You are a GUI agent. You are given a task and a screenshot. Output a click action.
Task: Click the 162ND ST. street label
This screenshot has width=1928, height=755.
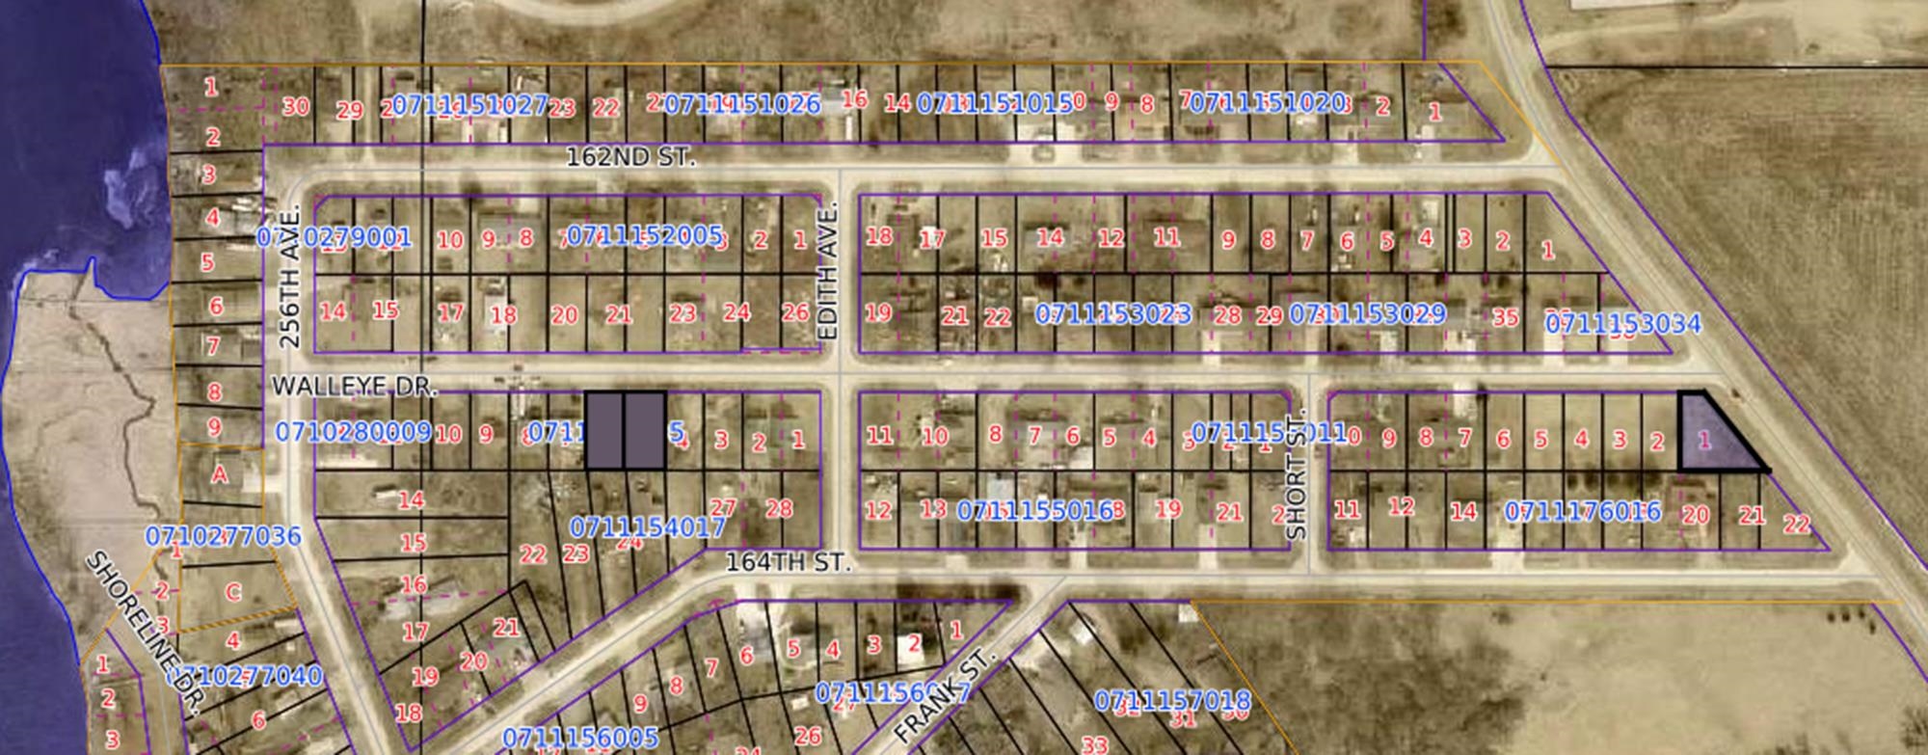pyautogui.click(x=629, y=157)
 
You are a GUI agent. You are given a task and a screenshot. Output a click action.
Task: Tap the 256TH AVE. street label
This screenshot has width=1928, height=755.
pyautogui.click(x=290, y=276)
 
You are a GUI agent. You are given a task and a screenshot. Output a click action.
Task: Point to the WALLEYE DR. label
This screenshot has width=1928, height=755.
pyautogui.click(x=354, y=387)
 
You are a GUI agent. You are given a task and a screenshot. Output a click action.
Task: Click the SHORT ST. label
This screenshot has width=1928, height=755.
pyautogui.click(x=1297, y=474)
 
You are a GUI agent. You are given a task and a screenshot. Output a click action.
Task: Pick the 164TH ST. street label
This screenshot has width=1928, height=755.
pyautogui.click(x=788, y=562)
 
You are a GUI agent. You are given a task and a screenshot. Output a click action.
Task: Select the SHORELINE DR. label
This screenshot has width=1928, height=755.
pyautogui.click(x=145, y=634)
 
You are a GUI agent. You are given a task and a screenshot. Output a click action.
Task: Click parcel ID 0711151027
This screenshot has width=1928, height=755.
pyautogui.click(x=470, y=105)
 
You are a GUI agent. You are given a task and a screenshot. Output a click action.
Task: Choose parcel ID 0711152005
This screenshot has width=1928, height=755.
pyautogui.click(x=644, y=235)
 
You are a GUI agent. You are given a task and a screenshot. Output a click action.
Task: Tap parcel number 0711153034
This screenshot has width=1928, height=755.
pyautogui.click(x=1623, y=324)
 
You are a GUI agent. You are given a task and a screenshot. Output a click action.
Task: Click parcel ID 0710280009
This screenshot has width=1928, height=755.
pyautogui.click(x=353, y=432)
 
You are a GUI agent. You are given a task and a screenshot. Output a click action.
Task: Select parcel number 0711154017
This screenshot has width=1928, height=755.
pyautogui.click(x=647, y=527)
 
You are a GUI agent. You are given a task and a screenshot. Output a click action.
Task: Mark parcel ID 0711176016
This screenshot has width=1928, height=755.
pyautogui.click(x=1582, y=511)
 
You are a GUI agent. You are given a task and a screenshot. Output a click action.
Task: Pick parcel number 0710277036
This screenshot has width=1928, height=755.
pyautogui.click(x=223, y=536)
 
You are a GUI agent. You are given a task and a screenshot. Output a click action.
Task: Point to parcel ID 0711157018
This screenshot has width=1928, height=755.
pyautogui.click(x=1172, y=701)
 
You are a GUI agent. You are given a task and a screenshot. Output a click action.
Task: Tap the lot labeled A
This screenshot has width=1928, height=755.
pyautogui.click(x=220, y=474)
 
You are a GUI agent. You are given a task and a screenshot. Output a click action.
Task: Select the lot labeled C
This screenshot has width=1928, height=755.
pyautogui.click(x=232, y=592)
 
